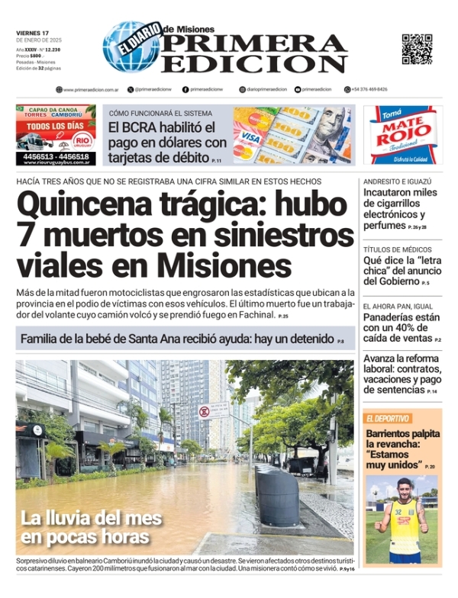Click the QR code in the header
tap(417, 49)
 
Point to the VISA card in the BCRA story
tap(251, 138)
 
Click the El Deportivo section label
tap(389, 418)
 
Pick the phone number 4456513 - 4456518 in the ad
tap(56, 156)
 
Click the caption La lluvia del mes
tap(92, 519)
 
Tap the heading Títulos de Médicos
tap(397, 249)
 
